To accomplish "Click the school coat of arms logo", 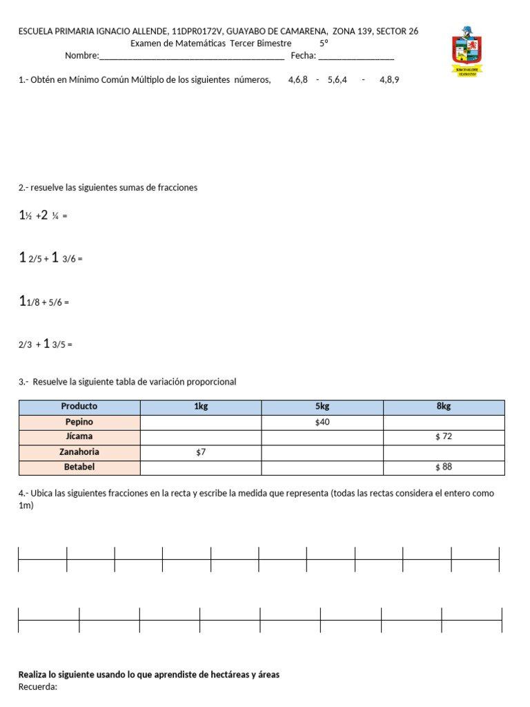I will pyautogui.click(x=467, y=51).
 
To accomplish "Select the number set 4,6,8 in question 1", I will pyautogui.click(x=298, y=80).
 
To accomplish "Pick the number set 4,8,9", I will pyautogui.click(x=389, y=80).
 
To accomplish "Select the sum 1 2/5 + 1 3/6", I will pyautogui.click(x=50, y=259).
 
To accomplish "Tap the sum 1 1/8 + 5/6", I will pyautogui.click(x=44, y=302).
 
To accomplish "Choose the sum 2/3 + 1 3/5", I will pyautogui.click(x=46, y=344).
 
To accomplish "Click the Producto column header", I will pyautogui.click(x=79, y=407).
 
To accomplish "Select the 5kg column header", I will pyautogui.click(x=322, y=407).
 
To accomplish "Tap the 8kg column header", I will pyautogui.click(x=444, y=407).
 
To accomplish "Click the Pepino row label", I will pyautogui.click(x=79, y=422).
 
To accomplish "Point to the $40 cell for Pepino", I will pyautogui.click(x=322, y=422).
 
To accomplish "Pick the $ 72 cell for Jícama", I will pyautogui.click(x=444, y=437).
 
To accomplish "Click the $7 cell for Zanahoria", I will pyautogui.click(x=201, y=452).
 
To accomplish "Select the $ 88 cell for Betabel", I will pyautogui.click(x=444, y=467).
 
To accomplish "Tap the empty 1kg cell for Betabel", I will pyautogui.click(x=201, y=467).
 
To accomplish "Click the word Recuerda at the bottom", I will pyautogui.click(x=38, y=687).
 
